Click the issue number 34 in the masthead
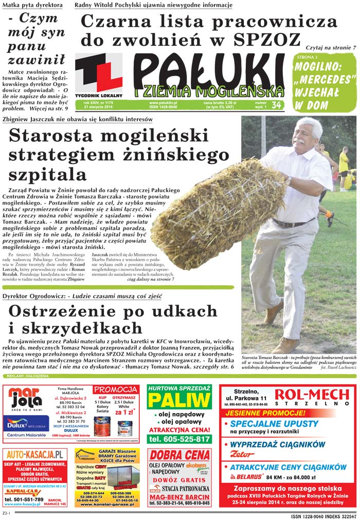pos(276,105)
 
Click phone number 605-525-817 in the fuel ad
pos(179,439)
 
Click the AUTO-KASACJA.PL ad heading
pos(35,454)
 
